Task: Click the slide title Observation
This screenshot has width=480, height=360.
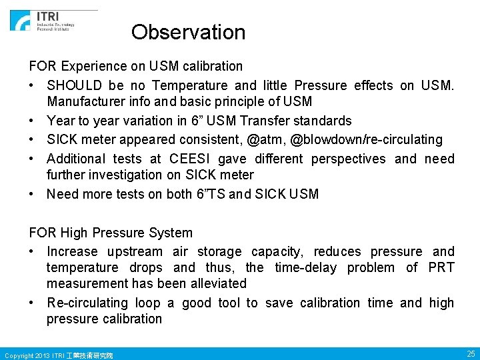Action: (188, 32)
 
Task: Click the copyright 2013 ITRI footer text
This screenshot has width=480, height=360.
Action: (59, 355)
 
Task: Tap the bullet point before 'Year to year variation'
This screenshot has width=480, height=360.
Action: (33, 121)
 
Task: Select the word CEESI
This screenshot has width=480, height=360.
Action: (192, 159)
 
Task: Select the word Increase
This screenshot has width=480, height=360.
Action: (72, 251)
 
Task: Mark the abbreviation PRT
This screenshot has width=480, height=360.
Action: (441, 267)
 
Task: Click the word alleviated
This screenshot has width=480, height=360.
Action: (215, 283)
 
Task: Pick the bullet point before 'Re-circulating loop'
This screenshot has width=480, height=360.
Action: (33, 303)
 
